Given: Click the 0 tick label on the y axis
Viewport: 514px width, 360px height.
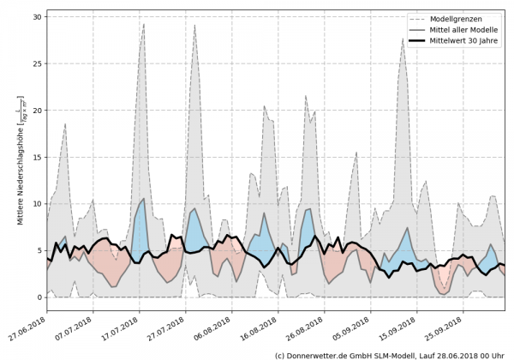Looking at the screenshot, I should (39, 297).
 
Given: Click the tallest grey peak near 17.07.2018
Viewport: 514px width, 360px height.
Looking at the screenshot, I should (144, 24).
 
